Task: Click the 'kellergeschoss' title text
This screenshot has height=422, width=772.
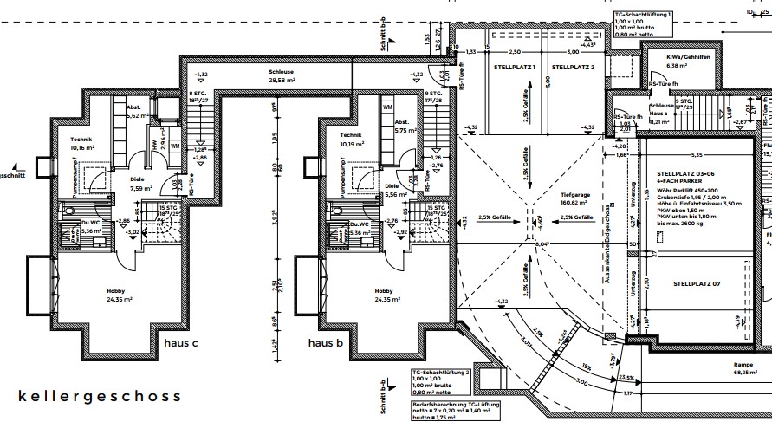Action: pyautogui.click(x=100, y=396)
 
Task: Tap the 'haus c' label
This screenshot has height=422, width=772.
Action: pyautogui.click(x=182, y=344)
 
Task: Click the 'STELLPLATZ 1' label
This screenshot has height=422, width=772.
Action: pyautogui.click(x=516, y=67)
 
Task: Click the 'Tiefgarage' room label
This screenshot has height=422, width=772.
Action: pyautogui.click(x=575, y=195)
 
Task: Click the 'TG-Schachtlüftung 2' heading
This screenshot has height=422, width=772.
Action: pyautogui.click(x=442, y=371)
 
